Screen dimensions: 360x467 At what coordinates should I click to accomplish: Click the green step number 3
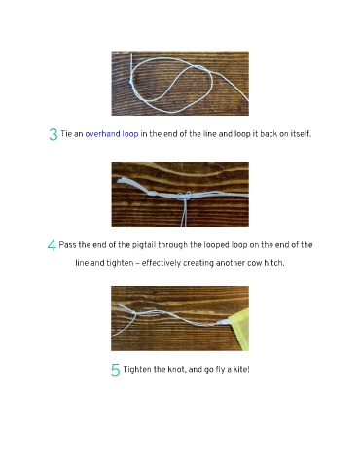[x=54, y=134]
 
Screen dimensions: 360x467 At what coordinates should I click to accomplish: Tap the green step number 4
[x=52, y=245]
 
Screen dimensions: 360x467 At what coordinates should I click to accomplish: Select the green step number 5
[x=115, y=370]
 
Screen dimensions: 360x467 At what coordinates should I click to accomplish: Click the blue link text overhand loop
[x=112, y=134]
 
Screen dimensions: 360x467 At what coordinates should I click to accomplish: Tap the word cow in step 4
[x=255, y=263]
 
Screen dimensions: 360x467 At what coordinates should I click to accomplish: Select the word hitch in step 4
[x=274, y=263]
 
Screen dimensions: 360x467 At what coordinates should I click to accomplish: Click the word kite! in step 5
[x=241, y=369]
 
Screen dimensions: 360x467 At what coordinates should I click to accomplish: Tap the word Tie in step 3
[x=66, y=134]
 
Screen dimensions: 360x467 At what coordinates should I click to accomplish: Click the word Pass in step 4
[x=67, y=245]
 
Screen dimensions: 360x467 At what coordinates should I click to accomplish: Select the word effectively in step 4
[x=161, y=263]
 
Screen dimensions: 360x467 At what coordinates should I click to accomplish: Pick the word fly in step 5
[x=221, y=370]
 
